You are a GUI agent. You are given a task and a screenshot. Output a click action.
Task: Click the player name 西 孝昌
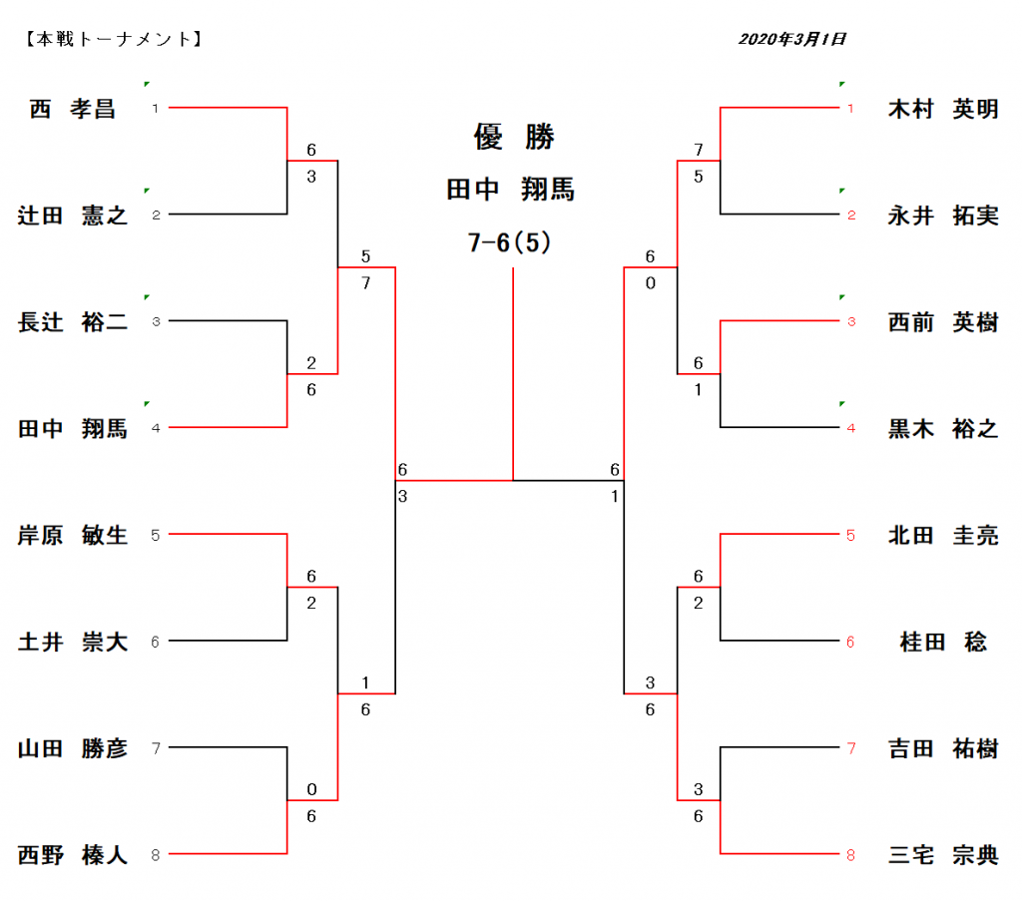(x=73, y=109)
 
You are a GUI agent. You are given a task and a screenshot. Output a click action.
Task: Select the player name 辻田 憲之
(x=73, y=216)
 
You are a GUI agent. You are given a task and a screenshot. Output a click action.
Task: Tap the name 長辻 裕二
(x=73, y=322)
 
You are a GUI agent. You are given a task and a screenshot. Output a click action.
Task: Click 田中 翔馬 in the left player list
(x=73, y=429)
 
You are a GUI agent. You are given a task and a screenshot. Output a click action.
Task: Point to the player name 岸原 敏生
(x=73, y=536)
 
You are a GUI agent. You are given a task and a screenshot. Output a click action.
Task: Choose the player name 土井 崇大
(x=73, y=643)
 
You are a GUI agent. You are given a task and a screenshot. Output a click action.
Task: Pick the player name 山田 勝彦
(x=73, y=748)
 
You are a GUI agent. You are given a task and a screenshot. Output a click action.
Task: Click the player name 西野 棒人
(x=73, y=855)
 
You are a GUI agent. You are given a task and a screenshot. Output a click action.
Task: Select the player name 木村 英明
(x=943, y=109)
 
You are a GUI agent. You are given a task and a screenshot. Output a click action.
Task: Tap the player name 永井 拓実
(x=943, y=216)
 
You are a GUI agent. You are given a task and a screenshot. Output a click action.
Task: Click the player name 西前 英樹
(x=943, y=322)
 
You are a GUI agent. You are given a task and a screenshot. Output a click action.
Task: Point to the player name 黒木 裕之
(x=943, y=429)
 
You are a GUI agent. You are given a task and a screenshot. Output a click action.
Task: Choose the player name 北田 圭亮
(x=943, y=536)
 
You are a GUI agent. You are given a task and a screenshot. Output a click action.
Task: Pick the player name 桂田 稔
(x=943, y=643)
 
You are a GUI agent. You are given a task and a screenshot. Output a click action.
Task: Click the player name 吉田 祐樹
(x=943, y=748)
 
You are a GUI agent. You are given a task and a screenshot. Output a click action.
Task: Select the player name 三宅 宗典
(x=943, y=855)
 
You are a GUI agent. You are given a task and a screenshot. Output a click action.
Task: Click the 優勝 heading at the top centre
(x=513, y=138)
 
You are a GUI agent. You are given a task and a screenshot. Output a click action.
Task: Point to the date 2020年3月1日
(x=792, y=40)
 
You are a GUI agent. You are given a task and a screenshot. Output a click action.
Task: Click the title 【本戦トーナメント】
(x=112, y=40)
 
